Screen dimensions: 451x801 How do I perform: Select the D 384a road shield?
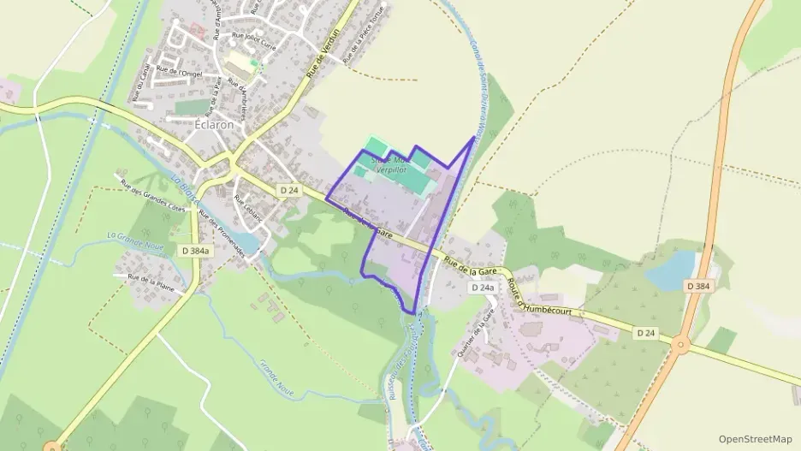[x=196, y=251]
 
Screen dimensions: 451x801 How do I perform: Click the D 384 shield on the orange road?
[x=697, y=285]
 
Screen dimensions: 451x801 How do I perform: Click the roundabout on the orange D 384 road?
[x=682, y=346]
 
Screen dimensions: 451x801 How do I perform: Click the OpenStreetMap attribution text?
[x=756, y=438]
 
